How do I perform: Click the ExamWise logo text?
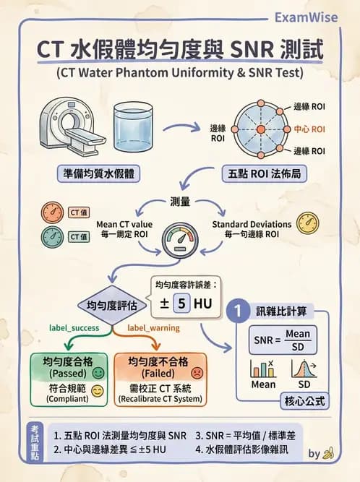pos(306,17)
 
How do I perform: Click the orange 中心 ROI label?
pos(309,129)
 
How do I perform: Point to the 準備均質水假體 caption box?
pos(98,175)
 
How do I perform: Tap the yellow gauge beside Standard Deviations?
pos(307,223)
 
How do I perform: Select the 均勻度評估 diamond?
pos(113,304)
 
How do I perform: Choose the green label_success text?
pos(74,327)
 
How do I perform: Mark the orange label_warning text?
pos(153,327)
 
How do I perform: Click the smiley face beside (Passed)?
pos(99,374)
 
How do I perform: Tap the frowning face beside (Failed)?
pos(196,374)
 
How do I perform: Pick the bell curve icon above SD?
pos(303,368)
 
